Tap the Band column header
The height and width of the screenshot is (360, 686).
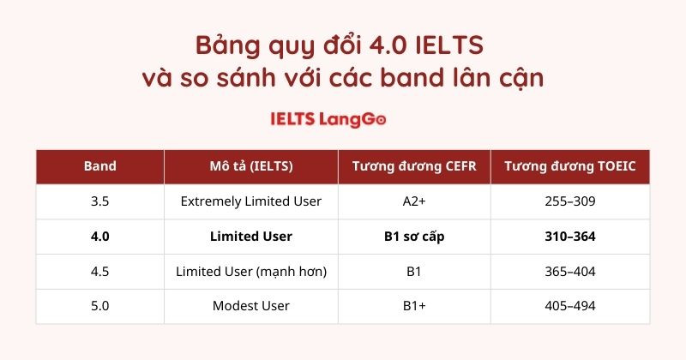tap(101, 166)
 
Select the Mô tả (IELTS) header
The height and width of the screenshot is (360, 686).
tap(250, 166)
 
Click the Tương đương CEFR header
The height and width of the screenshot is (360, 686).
tap(414, 166)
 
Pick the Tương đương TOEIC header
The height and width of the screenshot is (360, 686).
tap(569, 166)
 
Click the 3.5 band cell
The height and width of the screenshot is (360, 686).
tap(101, 201)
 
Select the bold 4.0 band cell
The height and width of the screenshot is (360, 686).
tap(101, 237)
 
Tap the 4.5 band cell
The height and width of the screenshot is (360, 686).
tap(101, 271)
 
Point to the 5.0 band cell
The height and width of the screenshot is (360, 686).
tap(101, 306)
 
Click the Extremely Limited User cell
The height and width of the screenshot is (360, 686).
tap(250, 201)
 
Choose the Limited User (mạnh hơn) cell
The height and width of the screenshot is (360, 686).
tap(250, 271)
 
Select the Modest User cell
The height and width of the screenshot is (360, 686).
tap(250, 306)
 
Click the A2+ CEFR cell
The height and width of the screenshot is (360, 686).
tap(414, 201)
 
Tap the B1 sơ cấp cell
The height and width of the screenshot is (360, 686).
tap(414, 237)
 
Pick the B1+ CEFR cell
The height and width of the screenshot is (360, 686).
tap(414, 306)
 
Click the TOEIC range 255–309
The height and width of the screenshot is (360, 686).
tap(569, 201)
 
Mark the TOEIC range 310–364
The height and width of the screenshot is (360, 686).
tap(569, 237)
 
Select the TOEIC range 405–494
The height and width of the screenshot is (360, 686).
tap(569, 306)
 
